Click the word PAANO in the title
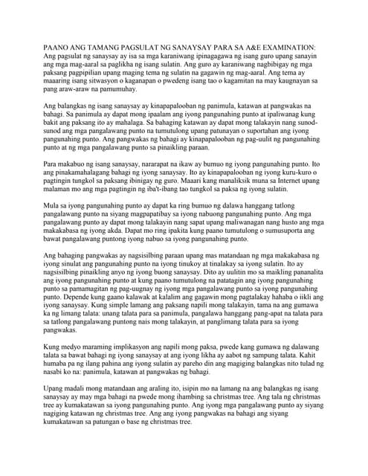pyautogui.click(x=58, y=46)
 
